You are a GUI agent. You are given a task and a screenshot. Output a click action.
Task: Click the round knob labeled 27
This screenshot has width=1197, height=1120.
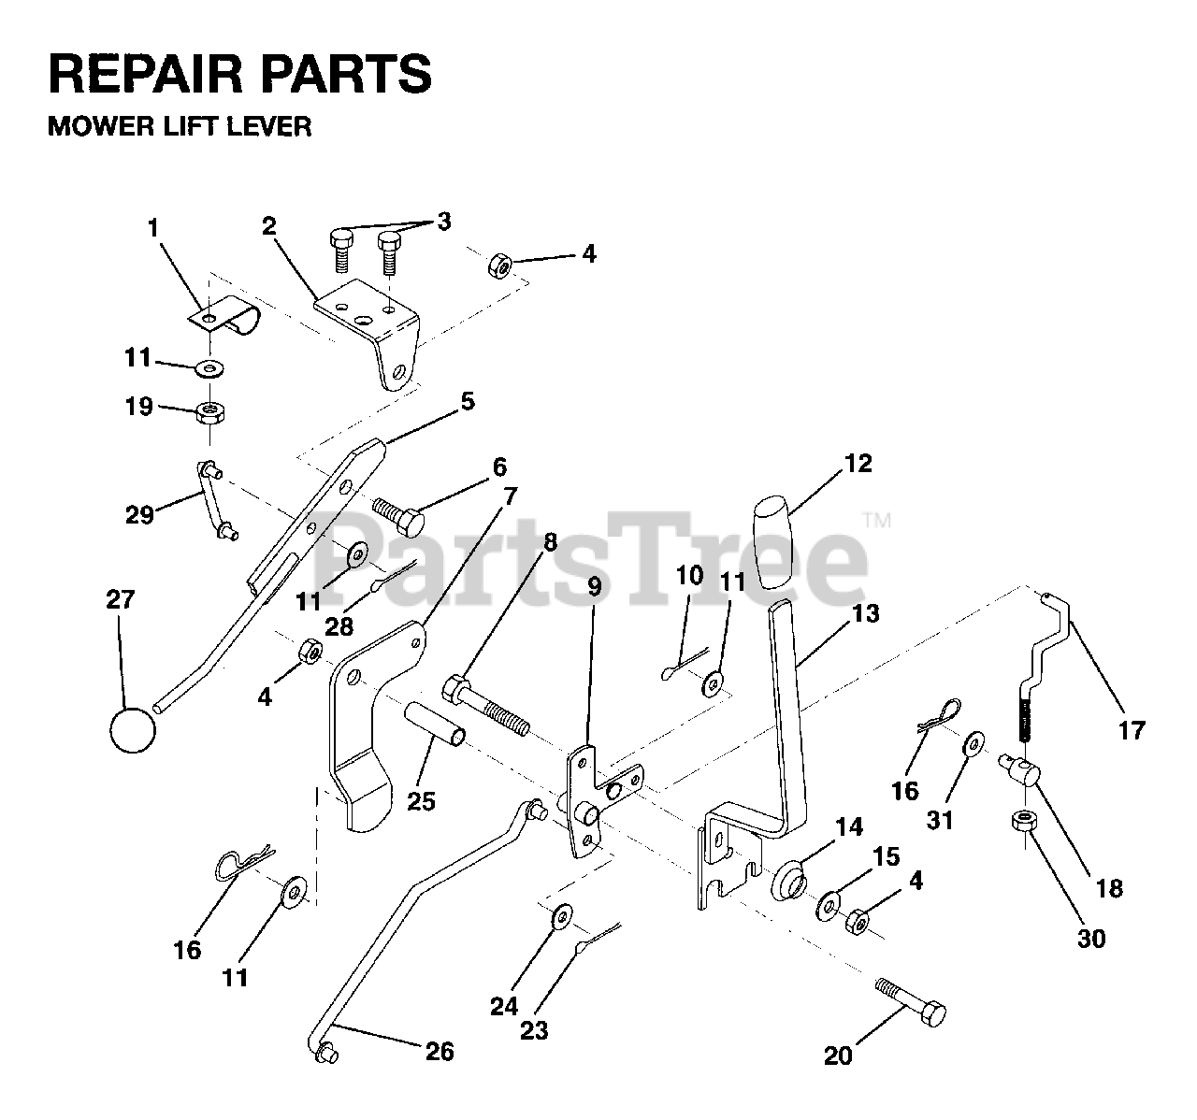pyautogui.click(x=133, y=730)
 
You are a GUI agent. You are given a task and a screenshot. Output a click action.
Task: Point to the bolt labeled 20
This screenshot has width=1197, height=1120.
pyautogui.click(x=911, y=1011)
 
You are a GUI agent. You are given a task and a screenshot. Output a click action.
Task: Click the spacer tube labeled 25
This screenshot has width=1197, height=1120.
pyautogui.click(x=434, y=724)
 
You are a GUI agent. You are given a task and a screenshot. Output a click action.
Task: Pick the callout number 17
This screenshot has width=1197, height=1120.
pyautogui.click(x=1132, y=730)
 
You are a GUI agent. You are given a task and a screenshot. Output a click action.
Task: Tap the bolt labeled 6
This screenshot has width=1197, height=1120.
pyautogui.click(x=398, y=516)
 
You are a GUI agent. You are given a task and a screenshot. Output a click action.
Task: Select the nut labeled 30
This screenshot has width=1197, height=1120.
pyautogui.click(x=1023, y=822)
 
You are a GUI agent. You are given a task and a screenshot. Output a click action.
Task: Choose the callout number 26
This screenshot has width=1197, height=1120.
pyautogui.click(x=440, y=1051)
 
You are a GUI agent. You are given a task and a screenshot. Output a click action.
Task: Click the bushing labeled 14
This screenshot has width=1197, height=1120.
pyautogui.click(x=789, y=882)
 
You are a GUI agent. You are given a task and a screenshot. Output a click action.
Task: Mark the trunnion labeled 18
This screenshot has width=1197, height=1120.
pyautogui.click(x=1020, y=770)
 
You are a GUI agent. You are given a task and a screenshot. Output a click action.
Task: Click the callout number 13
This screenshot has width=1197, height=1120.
pyautogui.click(x=866, y=613)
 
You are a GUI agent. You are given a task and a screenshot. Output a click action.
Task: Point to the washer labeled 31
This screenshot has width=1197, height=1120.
pyautogui.click(x=974, y=744)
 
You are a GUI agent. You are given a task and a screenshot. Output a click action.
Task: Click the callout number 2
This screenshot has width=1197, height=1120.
pyautogui.click(x=268, y=226)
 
